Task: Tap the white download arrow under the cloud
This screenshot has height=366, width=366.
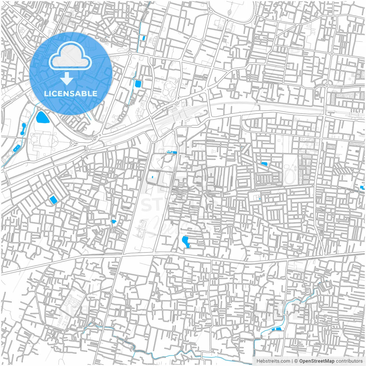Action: [x=67, y=79]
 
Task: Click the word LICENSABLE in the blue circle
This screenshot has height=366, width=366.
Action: [x=71, y=94]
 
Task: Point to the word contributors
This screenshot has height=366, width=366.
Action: [x=349, y=361]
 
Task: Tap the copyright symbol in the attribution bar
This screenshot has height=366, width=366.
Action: [x=296, y=361]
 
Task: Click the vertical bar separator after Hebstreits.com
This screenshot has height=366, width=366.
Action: [x=292, y=361]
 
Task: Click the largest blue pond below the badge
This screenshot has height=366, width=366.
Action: [x=42, y=117]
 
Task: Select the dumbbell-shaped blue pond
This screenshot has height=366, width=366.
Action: [x=23, y=129]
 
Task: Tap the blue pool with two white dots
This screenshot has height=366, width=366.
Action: [x=16, y=148]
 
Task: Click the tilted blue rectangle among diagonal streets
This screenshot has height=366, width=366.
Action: [x=53, y=200]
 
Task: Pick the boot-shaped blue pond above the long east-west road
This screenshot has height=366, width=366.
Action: [x=186, y=242]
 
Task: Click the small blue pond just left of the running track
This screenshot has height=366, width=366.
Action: [x=264, y=164]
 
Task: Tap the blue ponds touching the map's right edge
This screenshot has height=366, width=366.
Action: [x=363, y=188]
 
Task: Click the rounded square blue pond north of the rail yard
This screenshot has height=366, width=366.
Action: [x=138, y=84]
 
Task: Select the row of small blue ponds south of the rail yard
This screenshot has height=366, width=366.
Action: [x=172, y=152]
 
